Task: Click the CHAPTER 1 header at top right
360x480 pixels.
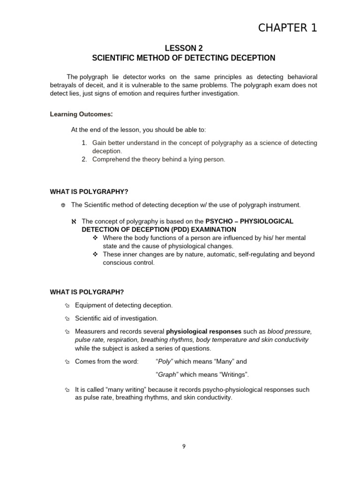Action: [x=288, y=28]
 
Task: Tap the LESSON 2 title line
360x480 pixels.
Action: [x=183, y=48]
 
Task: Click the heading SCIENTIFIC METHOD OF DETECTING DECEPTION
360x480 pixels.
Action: [x=183, y=58]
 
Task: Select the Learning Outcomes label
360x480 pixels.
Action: [x=81, y=114]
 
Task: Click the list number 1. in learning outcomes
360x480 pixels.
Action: [x=84, y=142]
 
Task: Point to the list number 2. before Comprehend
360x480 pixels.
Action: [x=84, y=159]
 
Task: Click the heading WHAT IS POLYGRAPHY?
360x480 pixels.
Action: [x=89, y=191]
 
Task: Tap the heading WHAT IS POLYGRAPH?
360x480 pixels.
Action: [x=87, y=292]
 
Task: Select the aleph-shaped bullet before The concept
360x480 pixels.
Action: [x=73, y=221]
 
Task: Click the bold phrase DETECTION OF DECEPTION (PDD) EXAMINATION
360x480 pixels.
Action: [x=159, y=229]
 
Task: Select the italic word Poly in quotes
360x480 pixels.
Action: [x=165, y=361]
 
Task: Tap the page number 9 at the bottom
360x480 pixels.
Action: [x=184, y=446]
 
